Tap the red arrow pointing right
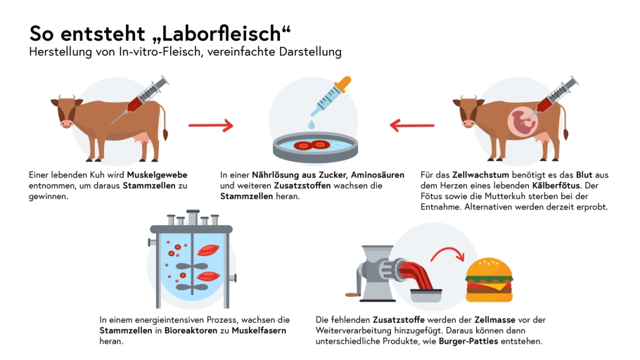210,125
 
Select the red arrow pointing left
412,125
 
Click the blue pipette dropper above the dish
331,97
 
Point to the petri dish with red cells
315,147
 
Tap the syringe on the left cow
140,99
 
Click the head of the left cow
65,110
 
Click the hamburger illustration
489,280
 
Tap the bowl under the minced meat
425,295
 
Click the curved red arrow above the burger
448,252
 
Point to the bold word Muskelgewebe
157,174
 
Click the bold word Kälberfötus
556,186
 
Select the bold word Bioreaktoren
191,330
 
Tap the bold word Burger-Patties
468,341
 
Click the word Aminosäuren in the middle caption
378,174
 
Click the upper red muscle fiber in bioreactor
208,250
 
